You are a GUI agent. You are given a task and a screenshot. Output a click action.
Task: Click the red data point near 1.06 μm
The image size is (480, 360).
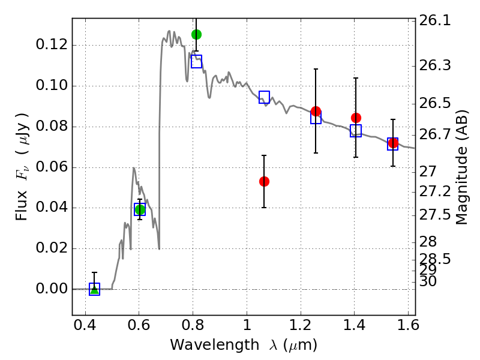[264, 182]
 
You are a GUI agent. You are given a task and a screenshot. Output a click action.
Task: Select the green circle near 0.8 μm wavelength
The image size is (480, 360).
[197, 34]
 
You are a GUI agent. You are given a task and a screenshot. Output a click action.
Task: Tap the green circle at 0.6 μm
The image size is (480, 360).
[140, 209]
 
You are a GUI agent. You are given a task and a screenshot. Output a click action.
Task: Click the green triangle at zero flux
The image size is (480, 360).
[95, 289]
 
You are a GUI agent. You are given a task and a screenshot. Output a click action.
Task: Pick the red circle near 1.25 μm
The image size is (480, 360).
[316, 111]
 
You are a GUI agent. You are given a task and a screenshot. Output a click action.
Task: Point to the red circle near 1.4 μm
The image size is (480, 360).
[356, 118]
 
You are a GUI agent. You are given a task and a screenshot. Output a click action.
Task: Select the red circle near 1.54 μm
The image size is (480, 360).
[393, 143]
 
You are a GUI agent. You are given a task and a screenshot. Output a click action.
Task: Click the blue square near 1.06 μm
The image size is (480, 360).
[264, 97]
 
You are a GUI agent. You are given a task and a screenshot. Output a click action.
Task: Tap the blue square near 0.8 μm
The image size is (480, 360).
[197, 62]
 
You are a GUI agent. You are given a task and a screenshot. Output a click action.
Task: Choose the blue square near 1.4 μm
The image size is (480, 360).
[356, 131]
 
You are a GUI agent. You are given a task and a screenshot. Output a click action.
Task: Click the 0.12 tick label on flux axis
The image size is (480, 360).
[51, 44]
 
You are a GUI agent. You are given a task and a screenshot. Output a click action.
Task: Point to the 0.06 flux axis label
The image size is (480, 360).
[51, 167]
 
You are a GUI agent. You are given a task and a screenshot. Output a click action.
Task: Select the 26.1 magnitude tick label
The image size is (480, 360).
[434, 21]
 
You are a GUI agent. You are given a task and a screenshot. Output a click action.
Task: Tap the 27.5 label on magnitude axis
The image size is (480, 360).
[434, 215]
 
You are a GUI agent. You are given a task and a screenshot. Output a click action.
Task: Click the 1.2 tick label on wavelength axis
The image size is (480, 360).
[301, 325]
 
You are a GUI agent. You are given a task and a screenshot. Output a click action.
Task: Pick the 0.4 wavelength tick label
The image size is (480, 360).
[85, 325]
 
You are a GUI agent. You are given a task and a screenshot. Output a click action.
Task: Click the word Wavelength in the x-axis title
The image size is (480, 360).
[215, 345]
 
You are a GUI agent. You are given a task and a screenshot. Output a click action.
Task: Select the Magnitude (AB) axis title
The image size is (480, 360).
[461, 167]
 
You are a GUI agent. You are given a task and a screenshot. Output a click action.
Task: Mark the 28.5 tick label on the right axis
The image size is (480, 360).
[434, 259]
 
